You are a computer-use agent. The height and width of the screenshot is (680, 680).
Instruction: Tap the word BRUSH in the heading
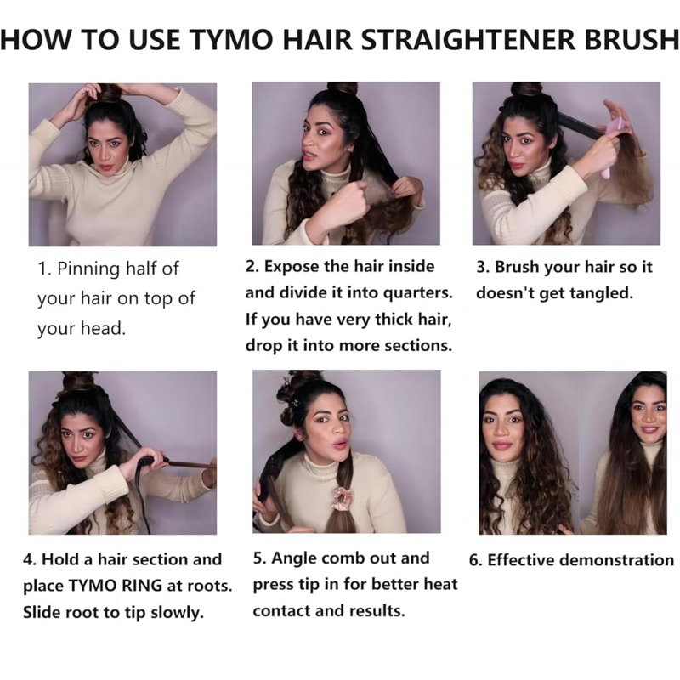click(632, 39)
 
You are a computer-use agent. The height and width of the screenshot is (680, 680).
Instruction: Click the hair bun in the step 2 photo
click(343, 89)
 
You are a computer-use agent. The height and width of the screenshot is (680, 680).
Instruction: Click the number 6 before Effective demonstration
click(474, 560)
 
